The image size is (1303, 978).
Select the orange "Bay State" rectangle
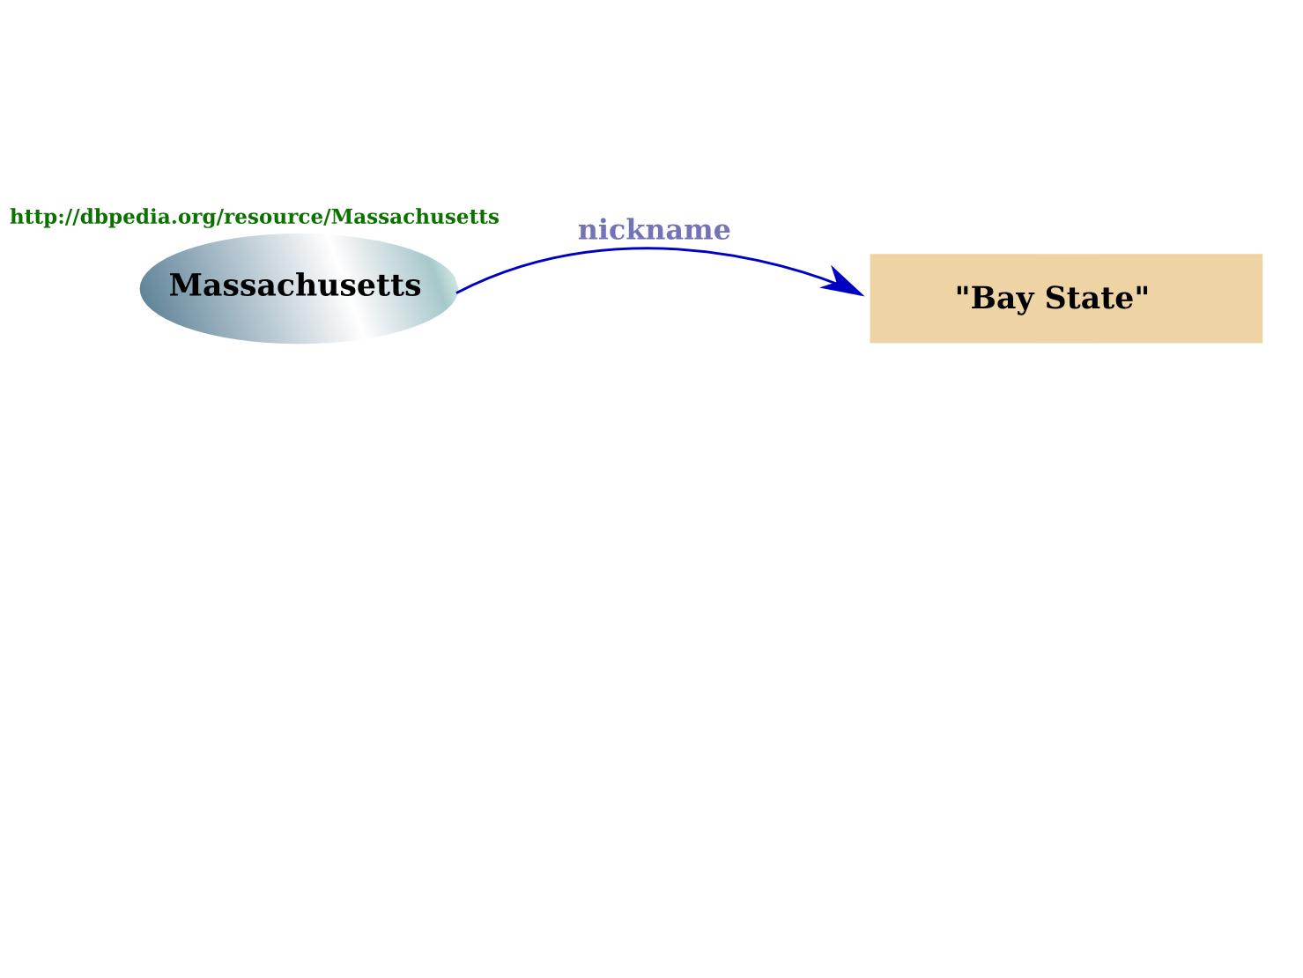[1066, 326]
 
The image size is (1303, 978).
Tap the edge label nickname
[654, 230]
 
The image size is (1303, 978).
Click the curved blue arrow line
[652, 249]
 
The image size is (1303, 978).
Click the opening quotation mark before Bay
[962, 292]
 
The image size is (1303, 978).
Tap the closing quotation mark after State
[1143, 292]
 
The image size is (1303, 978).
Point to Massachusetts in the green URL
[415, 218]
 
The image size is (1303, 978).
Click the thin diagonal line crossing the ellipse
[346, 287]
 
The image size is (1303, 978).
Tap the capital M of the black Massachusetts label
[185, 285]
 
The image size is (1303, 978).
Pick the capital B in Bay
[982, 299]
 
